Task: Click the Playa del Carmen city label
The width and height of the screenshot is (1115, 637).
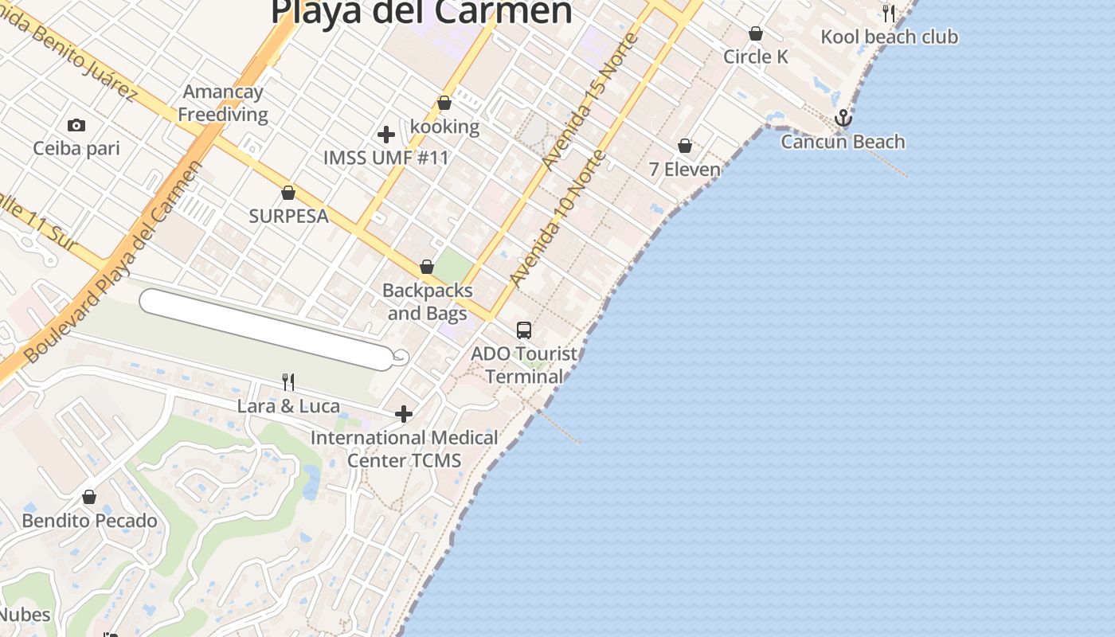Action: [421, 11]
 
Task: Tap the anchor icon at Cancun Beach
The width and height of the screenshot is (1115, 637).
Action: [843, 119]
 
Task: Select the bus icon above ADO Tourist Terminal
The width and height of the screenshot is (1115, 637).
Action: [523, 330]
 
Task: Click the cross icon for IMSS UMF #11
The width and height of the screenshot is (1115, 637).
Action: [386, 134]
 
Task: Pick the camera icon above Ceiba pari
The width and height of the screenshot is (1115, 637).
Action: [76, 125]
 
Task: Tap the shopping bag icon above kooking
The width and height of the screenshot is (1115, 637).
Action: [444, 103]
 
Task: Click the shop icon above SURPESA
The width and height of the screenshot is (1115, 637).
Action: [288, 193]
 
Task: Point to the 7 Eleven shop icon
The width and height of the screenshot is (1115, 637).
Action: [685, 146]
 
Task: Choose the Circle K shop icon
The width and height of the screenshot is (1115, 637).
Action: [756, 33]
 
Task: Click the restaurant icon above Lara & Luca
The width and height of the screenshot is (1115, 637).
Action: [288, 382]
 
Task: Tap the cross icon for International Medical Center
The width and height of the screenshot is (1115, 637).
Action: [404, 414]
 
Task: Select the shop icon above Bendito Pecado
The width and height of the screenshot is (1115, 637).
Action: [89, 497]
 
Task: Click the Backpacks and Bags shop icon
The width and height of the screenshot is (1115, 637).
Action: [427, 267]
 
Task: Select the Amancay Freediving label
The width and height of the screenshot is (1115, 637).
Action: [222, 104]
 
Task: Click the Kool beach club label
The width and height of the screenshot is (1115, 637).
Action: [889, 37]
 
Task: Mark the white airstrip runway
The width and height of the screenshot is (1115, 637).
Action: [268, 330]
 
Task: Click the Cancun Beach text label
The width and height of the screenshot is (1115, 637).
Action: [843, 142]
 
